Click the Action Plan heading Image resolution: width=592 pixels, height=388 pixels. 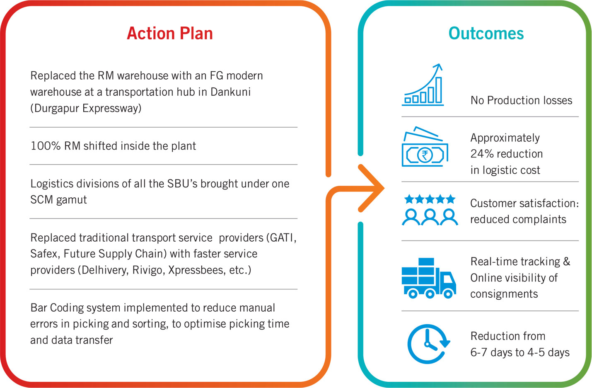pos(170,33)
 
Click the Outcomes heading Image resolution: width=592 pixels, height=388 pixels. pos(486,33)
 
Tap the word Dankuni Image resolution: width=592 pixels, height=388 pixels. pos(230,92)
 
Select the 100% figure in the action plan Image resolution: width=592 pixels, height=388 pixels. pos(46,146)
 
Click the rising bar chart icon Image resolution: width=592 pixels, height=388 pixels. pos(423,85)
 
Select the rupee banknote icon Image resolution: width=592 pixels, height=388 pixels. pos(425,147)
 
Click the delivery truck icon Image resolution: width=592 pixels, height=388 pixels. pos(429,278)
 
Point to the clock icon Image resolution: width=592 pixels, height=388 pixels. pos(428,344)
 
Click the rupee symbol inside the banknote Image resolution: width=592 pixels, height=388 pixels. pos(425,155)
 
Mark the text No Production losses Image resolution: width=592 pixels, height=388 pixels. pos(522,100)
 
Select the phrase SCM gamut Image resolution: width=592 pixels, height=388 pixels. pos(58,200)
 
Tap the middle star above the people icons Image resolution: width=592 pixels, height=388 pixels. pos(430,199)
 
